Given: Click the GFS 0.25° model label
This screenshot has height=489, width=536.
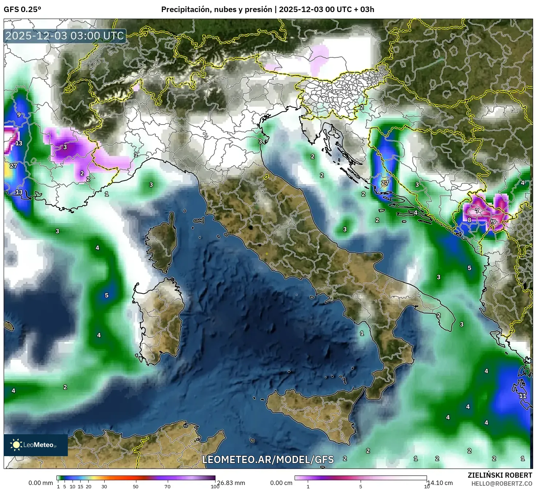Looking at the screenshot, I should pyautogui.click(x=22, y=9).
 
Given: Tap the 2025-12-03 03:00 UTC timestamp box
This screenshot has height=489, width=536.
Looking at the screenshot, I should pyautogui.click(x=65, y=36).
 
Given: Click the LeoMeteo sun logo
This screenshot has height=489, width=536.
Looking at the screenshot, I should pyautogui.click(x=16, y=444).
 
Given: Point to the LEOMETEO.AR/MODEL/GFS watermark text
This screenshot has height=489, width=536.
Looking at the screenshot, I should pyautogui.click(x=268, y=459).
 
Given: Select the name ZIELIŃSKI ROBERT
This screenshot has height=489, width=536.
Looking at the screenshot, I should pyautogui.click(x=500, y=475).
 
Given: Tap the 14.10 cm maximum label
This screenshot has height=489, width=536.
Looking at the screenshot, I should pyautogui.click(x=440, y=483).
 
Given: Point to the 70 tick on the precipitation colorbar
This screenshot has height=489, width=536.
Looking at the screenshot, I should pyautogui.click(x=167, y=486).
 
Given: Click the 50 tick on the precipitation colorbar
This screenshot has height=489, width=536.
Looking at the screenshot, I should pyautogui.click(x=136, y=486).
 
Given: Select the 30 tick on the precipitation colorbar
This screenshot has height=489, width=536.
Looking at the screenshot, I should pyautogui.click(x=104, y=486).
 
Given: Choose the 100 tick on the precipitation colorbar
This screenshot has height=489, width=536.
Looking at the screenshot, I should pyautogui.click(x=215, y=486).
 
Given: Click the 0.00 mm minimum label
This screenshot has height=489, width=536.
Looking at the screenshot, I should pyautogui.click(x=40, y=483).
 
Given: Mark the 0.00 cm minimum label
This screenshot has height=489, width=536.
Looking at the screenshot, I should pyautogui.click(x=281, y=483).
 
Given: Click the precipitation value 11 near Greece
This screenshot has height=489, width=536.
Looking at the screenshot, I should pyautogui.click(x=523, y=396).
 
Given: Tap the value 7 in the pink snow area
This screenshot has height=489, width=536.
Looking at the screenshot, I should pyautogui.click(x=477, y=211).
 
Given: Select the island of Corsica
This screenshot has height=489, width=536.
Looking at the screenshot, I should pyautogui.click(x=162, y=245).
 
